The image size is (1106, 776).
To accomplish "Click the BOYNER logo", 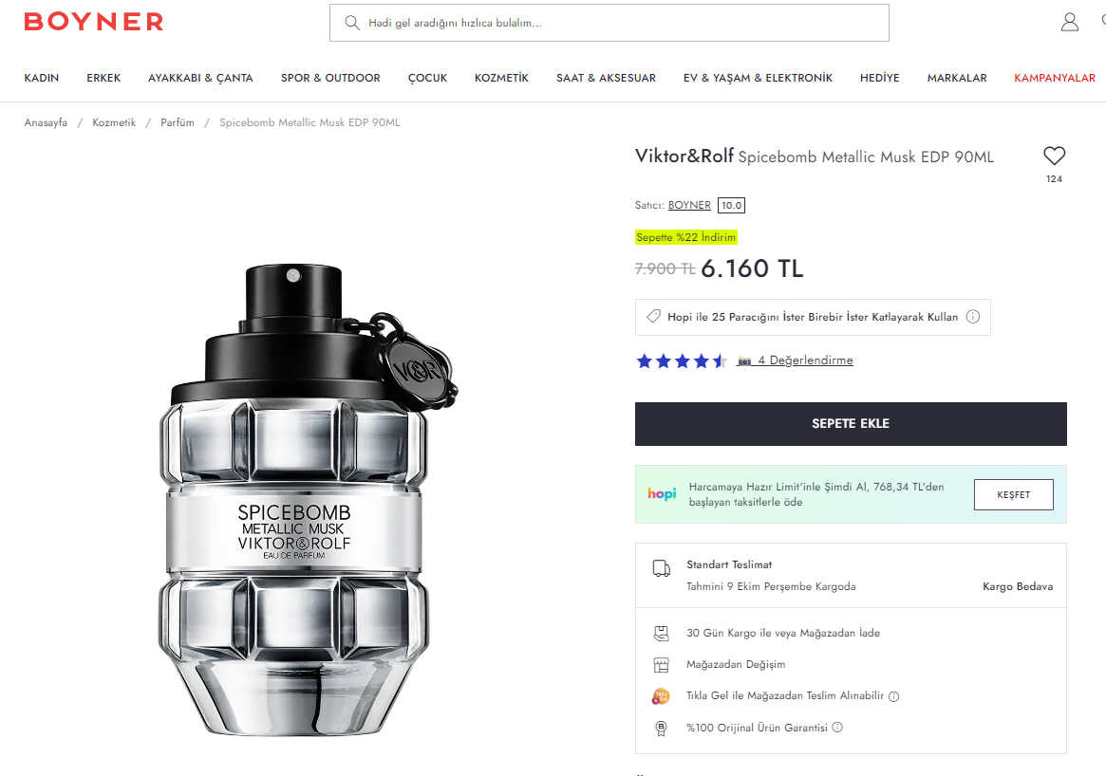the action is [94, 22].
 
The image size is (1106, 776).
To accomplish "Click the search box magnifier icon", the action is [352, 23].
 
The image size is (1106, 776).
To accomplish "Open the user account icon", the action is [1069, 23].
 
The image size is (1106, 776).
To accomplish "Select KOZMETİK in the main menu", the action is [501, 78].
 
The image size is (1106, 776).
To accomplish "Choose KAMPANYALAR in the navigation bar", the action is [1055, 78].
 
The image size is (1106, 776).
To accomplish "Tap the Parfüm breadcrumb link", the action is [177, 122].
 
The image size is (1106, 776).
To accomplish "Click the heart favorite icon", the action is [1055, 156].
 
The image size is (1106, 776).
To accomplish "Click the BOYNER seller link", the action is [689, 205].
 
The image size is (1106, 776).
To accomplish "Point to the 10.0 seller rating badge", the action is [731, 205].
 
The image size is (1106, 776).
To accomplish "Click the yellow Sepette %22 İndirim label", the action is [685, 237].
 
